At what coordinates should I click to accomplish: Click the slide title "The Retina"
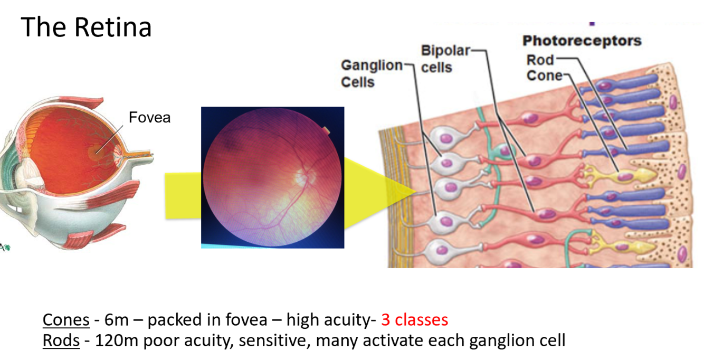(86, 27)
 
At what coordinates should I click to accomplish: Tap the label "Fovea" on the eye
(150, 117)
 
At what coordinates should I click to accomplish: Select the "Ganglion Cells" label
(371, 73)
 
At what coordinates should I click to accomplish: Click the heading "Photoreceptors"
(582, 41)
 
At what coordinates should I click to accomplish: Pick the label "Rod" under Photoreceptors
(539, 60)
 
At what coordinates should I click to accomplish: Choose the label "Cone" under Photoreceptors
(545, 75)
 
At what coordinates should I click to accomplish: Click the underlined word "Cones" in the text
(66, 320)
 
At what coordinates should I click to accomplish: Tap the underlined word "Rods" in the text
(61, 340)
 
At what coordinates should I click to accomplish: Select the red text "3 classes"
(414, 320)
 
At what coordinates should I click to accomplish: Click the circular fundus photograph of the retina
(272, 177)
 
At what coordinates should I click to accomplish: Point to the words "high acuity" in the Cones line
(327, 320)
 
